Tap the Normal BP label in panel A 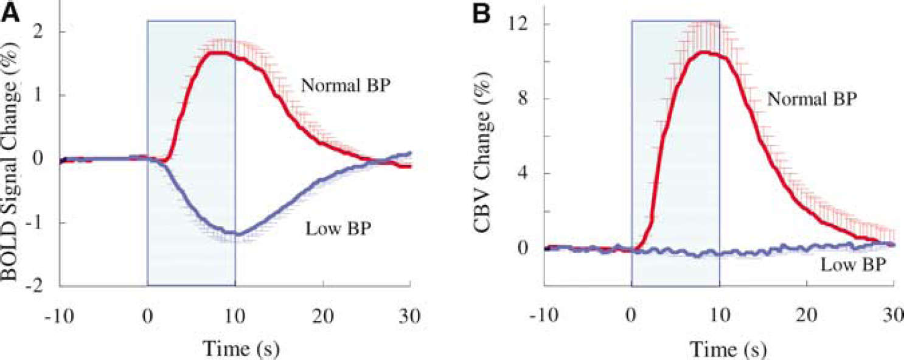(x=346, y=85)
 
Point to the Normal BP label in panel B (x=812, y=100)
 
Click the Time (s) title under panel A (x=235, y=349)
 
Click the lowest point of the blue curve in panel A (x=238, y=234)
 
